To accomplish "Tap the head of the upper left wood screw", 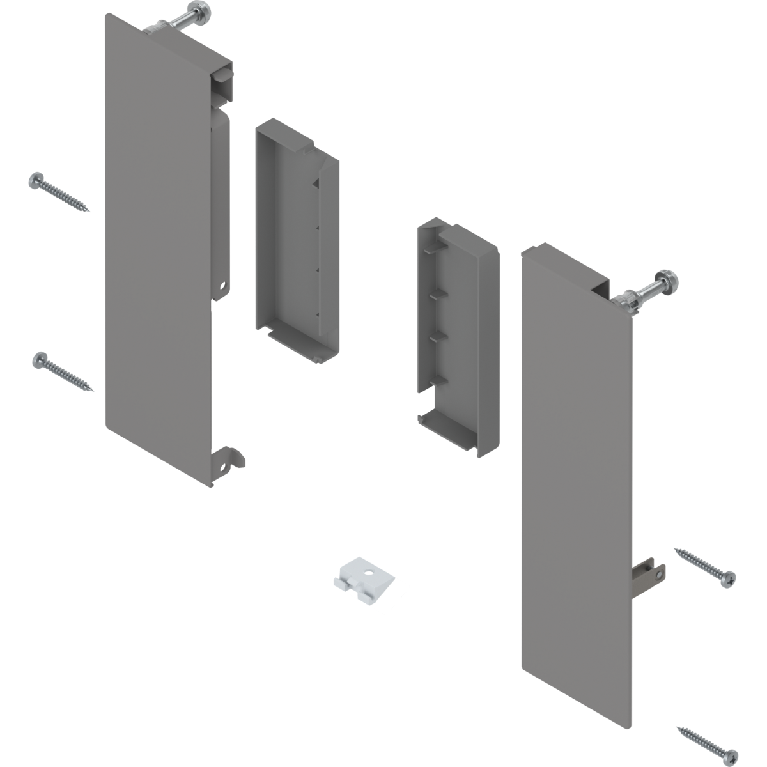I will [36, 181].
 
